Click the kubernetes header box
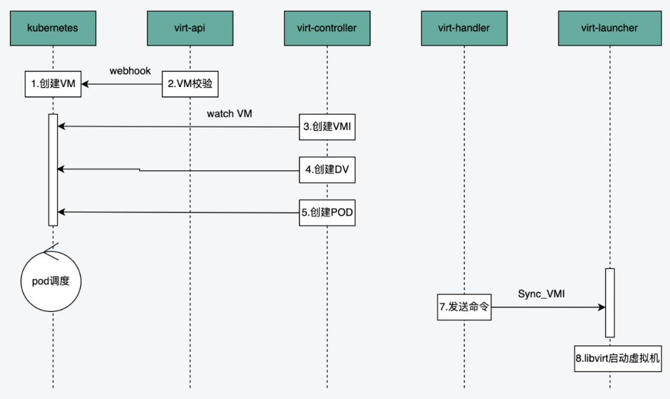point(53,28)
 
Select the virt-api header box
point(190,28)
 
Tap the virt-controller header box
point(327,28)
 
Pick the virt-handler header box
point(463,28)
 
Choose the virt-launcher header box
point(609,28)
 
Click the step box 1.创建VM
point(53,84)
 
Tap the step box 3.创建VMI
point(328,127)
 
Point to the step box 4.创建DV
point(328,170)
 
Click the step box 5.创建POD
point(328,213)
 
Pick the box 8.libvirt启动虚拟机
point(618,359)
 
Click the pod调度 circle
point(51,281)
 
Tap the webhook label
point(130,71)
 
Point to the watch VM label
point(230,114)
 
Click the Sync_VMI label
point(541,294)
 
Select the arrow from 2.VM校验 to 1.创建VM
point(124,84)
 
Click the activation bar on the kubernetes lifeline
point(53,170)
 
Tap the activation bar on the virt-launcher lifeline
point(610,302)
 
